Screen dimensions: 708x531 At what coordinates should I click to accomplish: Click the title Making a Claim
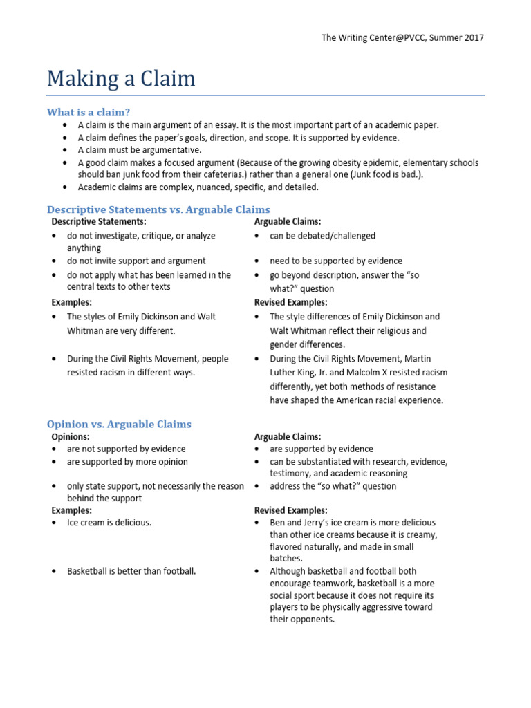point(121,78)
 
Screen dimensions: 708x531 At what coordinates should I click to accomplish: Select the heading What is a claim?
point(88,112)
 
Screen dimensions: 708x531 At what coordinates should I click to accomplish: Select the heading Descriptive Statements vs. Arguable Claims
point(158,209)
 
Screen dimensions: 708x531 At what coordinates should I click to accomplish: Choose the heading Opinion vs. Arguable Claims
point(119,425)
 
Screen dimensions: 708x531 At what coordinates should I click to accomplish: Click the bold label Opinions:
point(71,437)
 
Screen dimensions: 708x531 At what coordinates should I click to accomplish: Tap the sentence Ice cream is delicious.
point(109,523)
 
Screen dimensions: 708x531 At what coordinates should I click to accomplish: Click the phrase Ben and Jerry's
point(297,523)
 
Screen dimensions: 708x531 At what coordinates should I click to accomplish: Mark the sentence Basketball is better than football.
point(131,571)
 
